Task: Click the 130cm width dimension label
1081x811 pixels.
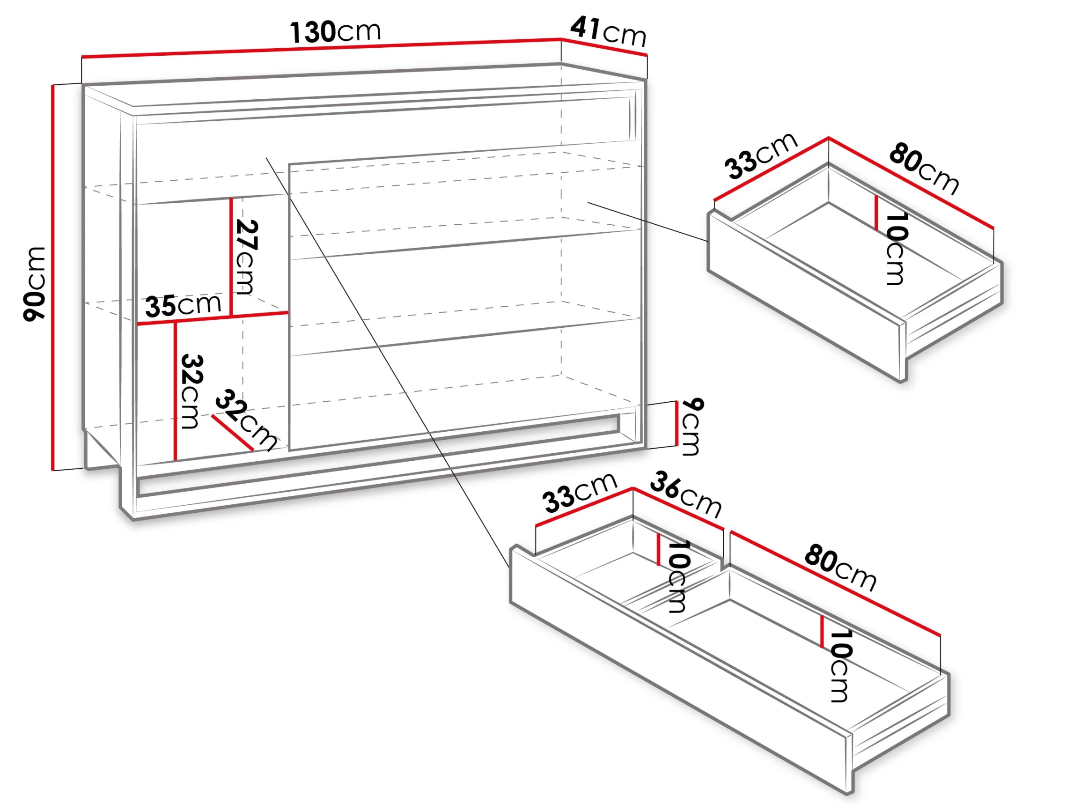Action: pos(335,32)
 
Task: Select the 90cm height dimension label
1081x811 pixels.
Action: pos(34,284)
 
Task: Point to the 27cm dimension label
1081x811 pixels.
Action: pos(246,257)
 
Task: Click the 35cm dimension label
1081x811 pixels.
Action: pos(183,306)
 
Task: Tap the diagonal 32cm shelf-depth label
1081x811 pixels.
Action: pos(246,420)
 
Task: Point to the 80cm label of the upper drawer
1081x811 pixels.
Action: pos(924,168)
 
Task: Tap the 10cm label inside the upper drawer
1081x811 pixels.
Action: pos(896,248)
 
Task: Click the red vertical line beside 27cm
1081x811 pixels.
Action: pos(231,257)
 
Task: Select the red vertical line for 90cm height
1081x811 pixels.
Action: pos(52,278)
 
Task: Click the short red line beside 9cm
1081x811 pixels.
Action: pos(677,423)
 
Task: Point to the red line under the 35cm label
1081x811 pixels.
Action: pos(213,318)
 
